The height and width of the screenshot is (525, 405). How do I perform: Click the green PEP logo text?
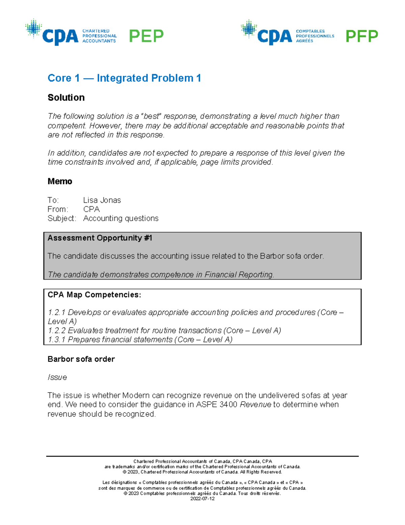[146, 36]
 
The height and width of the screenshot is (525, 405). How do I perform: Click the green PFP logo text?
[362, 36]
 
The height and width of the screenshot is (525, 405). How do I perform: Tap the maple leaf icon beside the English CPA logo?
[33, 28]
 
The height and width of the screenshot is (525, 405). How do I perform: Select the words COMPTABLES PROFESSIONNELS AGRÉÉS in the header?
[315, 36]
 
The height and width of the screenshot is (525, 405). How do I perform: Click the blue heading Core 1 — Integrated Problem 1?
[124, 78]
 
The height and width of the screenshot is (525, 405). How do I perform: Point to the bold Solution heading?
[66, 98]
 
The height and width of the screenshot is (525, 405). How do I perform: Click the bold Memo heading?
[60, 182]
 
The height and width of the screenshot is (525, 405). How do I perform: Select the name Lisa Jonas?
[102, 200]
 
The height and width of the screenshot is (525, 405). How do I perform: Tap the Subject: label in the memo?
[62, 218]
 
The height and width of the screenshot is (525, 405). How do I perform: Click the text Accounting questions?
[120, 218]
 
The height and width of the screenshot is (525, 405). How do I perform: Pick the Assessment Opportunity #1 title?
[100, 238]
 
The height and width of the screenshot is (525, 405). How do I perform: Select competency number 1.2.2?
[57, 331]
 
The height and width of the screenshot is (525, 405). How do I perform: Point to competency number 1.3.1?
[57, 340]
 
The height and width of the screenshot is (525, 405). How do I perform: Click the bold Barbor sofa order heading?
[81, 359]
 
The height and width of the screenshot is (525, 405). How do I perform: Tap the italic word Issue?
[57, 377]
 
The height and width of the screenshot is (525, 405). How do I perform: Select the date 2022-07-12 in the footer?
[202, 499]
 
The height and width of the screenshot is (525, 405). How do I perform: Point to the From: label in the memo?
[58, 209]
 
